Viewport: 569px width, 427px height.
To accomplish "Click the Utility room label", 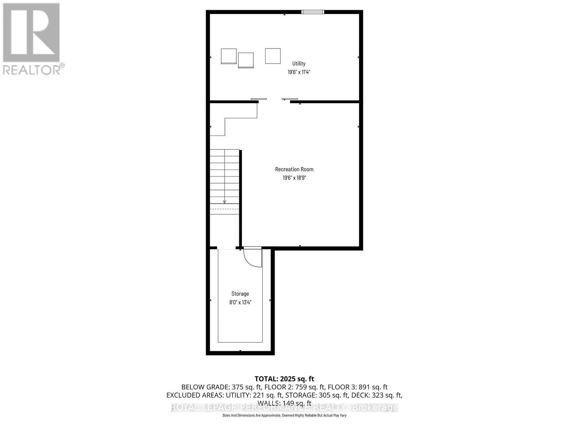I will coord(299,63).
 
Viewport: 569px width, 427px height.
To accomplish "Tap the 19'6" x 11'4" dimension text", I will coord(299,72).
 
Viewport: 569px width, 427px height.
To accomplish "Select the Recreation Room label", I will coord(294,169).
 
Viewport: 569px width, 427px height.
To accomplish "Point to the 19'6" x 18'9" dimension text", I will coord(294,178).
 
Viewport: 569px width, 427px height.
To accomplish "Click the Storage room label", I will coord(240,294).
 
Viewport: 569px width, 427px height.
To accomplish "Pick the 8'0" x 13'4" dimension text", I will coord(240,302).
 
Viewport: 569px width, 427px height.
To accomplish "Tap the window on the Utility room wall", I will coord(313,12).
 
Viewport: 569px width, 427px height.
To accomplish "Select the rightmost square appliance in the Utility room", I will coord(273,56).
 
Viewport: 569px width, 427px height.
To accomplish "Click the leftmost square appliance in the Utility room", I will coord(229,56).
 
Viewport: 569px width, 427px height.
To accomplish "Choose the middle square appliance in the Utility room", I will coord(246,60).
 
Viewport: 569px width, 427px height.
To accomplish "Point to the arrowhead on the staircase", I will coord(224,202).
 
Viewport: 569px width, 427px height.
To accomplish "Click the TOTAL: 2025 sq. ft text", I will coord(284,379).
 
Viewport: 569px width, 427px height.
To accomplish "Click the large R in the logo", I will coord(31,33).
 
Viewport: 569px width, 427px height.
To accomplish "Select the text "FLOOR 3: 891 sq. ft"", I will coord(357,387).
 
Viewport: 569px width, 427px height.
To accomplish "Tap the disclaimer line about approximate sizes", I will coord(284,415).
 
